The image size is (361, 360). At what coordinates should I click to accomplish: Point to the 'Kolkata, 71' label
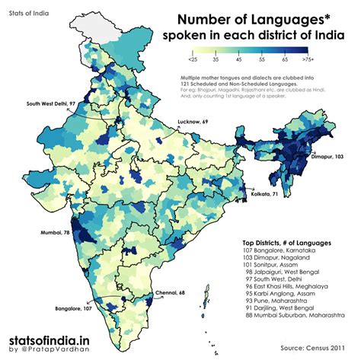coord(264,196)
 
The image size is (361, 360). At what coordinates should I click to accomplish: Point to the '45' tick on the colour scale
coord(239,59)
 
